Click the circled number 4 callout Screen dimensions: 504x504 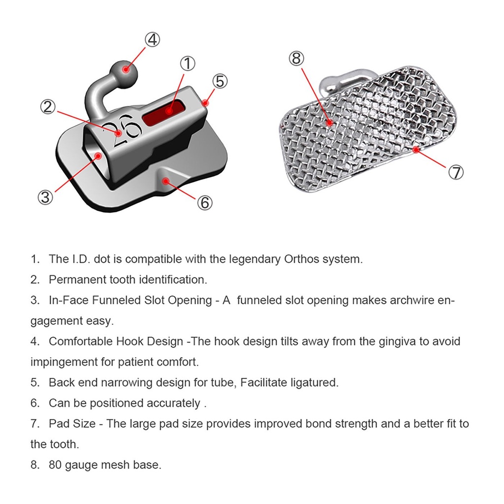pos(153,39)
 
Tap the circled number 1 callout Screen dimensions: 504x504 pos(188,63)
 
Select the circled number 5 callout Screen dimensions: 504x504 pos(220,81)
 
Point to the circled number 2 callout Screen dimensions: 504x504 pos(48,107)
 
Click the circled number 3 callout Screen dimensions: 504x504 pos(45,197)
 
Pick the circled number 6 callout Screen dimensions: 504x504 pos(205,202)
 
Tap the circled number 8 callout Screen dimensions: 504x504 pos(296,59)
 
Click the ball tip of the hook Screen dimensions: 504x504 pos(125,73)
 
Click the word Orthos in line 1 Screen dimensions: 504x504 pos(301,259)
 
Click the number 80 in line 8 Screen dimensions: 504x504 pos(55,465)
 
